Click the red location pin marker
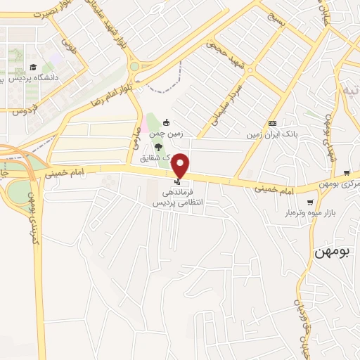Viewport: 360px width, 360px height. pyautogui.click(x=181, y=165)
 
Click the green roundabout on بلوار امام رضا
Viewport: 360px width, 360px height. pyautogui.click(x=134, y=67)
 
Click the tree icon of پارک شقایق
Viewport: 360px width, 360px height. pyautogui.click(x=157, y=147)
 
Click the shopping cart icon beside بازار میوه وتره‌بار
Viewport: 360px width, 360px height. pyautogui.click(x=310, y=202)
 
